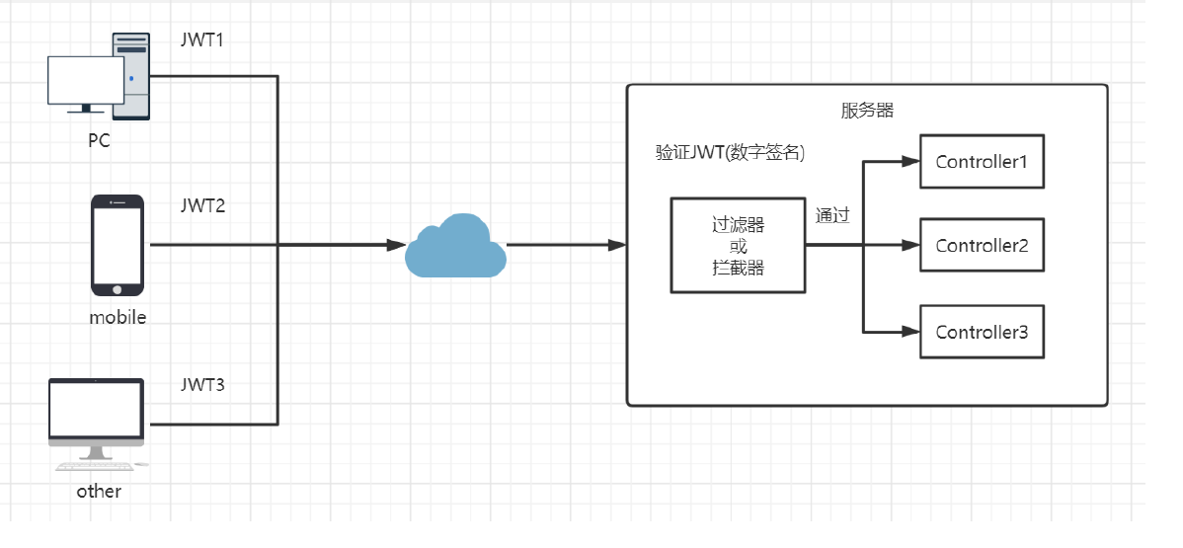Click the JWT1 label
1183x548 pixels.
pos(202,39)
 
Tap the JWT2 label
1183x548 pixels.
pos(203,205)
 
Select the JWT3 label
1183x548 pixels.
pos(203,385)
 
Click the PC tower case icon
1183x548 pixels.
pos(131,76)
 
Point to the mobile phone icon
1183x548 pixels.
pos(118,245)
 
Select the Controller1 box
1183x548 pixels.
pos(982,162)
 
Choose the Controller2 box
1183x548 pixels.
pos(982,245)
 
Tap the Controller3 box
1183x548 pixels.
pos(982,332)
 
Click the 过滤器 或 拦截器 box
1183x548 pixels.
pos(738,245)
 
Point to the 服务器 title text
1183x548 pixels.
pos(867,111)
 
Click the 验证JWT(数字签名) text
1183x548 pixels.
pos(731,153)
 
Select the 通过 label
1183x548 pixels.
pos(832,216)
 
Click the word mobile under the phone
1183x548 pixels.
pos(118,318)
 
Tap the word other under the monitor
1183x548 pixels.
pos(99,492)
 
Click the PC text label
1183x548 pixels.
pos(99,140)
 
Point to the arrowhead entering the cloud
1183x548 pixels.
pos(397,245)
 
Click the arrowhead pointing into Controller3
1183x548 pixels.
pos(910,332)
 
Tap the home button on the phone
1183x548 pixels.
pos(118,289)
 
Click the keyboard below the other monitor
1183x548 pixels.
pos(96,466)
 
